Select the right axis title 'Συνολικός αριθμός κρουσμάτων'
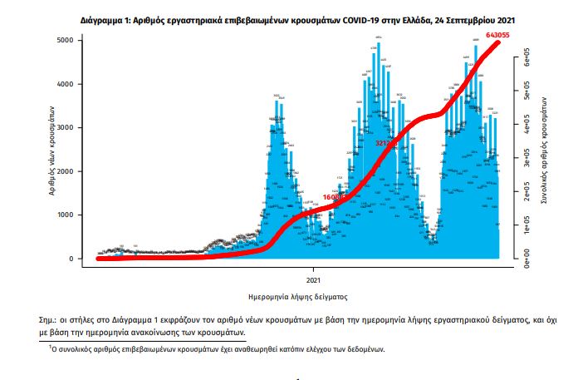(x=545, y=150)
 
